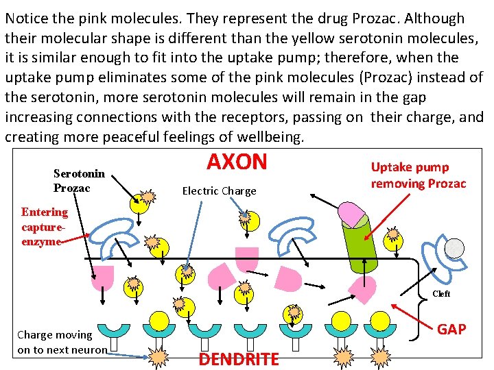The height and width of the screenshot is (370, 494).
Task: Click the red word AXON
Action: point(237,162)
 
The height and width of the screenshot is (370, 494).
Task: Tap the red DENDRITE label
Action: point(239,358)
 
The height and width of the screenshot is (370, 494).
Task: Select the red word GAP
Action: point(451,330)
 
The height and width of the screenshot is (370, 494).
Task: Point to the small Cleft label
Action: point(441,294)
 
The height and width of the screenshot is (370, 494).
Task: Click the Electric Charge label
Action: point(219,191)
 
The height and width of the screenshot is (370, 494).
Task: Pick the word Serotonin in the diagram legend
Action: point(79,174)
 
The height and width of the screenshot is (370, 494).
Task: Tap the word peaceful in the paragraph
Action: point(137,137)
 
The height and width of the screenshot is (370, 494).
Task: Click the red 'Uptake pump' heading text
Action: point(410,167)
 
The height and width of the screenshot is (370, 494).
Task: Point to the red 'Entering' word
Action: point(45,212)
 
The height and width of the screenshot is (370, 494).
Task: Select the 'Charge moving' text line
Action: point(54,334)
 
